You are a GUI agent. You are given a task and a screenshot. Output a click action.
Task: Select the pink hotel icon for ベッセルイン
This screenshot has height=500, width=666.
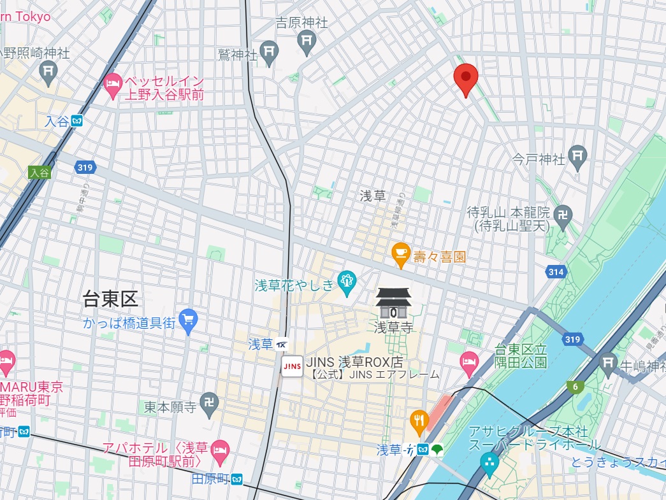[x=113, y=87]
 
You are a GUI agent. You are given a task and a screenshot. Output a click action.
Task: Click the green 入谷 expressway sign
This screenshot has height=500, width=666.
[x=38, y=173]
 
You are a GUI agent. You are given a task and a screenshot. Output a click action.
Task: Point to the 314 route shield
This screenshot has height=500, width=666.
[x=556, y=272]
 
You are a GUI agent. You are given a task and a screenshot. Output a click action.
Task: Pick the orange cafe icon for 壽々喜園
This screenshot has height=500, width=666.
[x=400, y=255]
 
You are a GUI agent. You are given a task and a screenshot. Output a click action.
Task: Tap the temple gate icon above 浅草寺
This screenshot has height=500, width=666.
[x=393, y=303]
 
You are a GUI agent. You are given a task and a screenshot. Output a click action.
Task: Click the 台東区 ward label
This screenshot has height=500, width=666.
[x=110, y=297]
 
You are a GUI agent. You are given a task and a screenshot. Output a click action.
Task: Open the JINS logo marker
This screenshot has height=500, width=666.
[x=293, y=366]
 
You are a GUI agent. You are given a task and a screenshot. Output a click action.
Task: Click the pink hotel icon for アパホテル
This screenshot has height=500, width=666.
[x=221, y=449]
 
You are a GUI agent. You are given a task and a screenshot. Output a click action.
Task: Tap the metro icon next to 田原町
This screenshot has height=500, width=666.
[x=237, y=478]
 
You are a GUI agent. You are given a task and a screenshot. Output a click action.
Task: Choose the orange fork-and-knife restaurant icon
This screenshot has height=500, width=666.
[x=418, y=420]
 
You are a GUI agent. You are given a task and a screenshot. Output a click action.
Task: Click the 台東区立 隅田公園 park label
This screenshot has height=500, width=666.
[x=521, y=356]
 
